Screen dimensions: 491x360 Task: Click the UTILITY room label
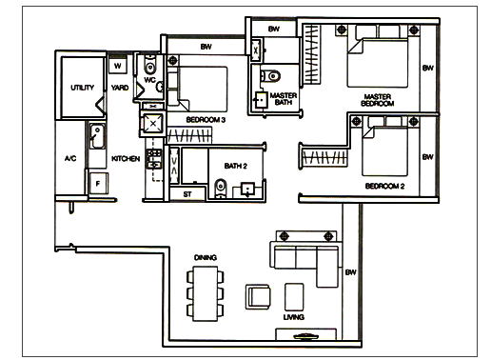83,88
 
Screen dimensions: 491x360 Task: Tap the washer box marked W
118,66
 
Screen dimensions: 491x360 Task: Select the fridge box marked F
98,183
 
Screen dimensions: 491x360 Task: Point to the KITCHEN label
126,158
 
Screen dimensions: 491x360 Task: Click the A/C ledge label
70,158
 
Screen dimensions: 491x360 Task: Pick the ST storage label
187,194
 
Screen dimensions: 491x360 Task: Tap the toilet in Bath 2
221,188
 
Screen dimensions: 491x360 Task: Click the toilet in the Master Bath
270,76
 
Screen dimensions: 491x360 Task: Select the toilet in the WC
149,65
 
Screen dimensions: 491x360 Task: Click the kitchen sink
97,136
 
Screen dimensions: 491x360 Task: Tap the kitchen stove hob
154,158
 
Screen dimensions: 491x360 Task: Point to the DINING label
206,257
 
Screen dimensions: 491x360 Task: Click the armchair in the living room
258,297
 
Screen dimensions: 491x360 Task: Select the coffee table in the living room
294,297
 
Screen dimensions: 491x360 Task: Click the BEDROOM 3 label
206,120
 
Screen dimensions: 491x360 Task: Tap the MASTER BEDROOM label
378,100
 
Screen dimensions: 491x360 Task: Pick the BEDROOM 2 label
384,186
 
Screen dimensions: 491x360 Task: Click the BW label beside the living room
350,272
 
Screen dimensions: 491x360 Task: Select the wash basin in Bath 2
247,190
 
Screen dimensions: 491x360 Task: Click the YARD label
120,88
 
